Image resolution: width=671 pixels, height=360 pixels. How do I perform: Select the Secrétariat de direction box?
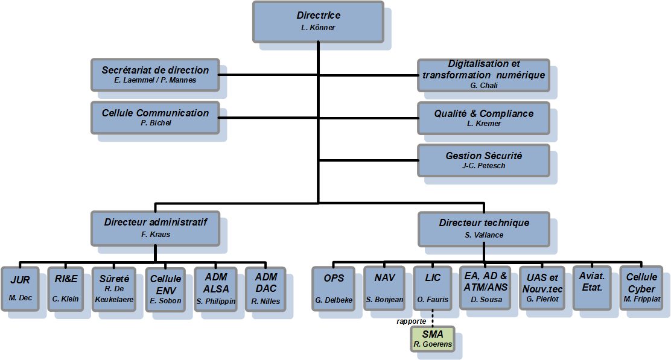point(154,74)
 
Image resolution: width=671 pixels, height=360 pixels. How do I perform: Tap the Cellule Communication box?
point(154,117)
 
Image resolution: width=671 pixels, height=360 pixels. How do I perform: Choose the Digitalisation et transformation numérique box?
point(483,74)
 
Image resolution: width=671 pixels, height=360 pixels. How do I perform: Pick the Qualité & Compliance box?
point(483,117)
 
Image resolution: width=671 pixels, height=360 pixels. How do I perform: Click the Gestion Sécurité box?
point(483,160)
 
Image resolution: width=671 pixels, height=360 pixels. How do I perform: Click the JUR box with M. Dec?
point(20,288)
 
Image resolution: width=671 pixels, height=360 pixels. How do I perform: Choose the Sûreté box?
point(114,288)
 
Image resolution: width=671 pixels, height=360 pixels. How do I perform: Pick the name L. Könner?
point(317,28)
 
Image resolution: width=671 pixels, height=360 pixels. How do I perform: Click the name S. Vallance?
point(484,235)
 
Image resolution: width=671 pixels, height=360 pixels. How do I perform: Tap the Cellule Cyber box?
point(641,288)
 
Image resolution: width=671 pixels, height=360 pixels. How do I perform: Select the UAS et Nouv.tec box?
point(540,288)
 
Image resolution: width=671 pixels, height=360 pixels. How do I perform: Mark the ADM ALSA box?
point(215,288)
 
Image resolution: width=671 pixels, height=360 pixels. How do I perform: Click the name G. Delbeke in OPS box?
point(333,300)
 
